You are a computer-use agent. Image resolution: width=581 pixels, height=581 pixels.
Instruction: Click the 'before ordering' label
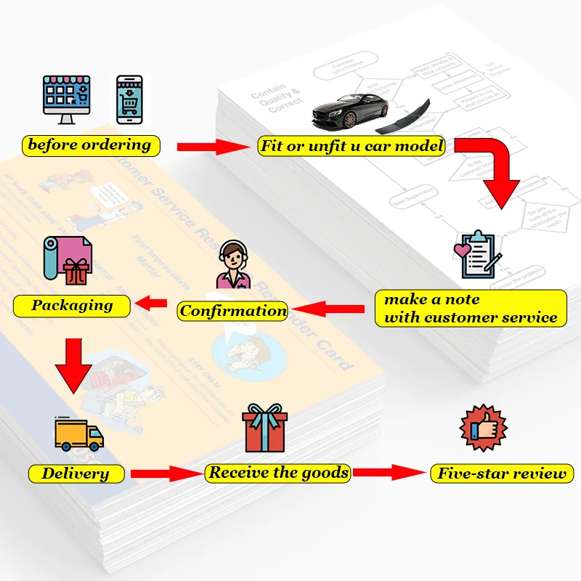pos(89,145)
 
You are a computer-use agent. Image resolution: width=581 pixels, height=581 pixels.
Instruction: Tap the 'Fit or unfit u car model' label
pos(352,146)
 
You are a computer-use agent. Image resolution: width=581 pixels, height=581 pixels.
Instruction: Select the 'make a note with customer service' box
pos(471,308)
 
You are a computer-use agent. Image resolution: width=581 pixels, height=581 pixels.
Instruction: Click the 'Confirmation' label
pos(233,311)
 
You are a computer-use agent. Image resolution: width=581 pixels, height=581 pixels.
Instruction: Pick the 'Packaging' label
pos(72,305)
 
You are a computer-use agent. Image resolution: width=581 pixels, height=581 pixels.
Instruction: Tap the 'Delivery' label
pos(75,474)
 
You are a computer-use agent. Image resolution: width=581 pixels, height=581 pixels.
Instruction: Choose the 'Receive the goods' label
pos(279,474)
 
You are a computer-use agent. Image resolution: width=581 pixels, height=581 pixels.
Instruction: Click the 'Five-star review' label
pos(502,474)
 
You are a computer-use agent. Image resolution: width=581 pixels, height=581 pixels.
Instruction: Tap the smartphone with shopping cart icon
pos(130,99)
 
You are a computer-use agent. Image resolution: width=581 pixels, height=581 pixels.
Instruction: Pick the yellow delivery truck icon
pos(78,434)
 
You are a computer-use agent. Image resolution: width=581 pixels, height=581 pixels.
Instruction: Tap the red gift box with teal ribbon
pos(265,428)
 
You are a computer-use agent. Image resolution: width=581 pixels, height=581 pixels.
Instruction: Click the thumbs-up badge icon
pos(484,429)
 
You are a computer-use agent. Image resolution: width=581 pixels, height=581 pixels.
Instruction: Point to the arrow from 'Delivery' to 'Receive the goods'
pos(168,474)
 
